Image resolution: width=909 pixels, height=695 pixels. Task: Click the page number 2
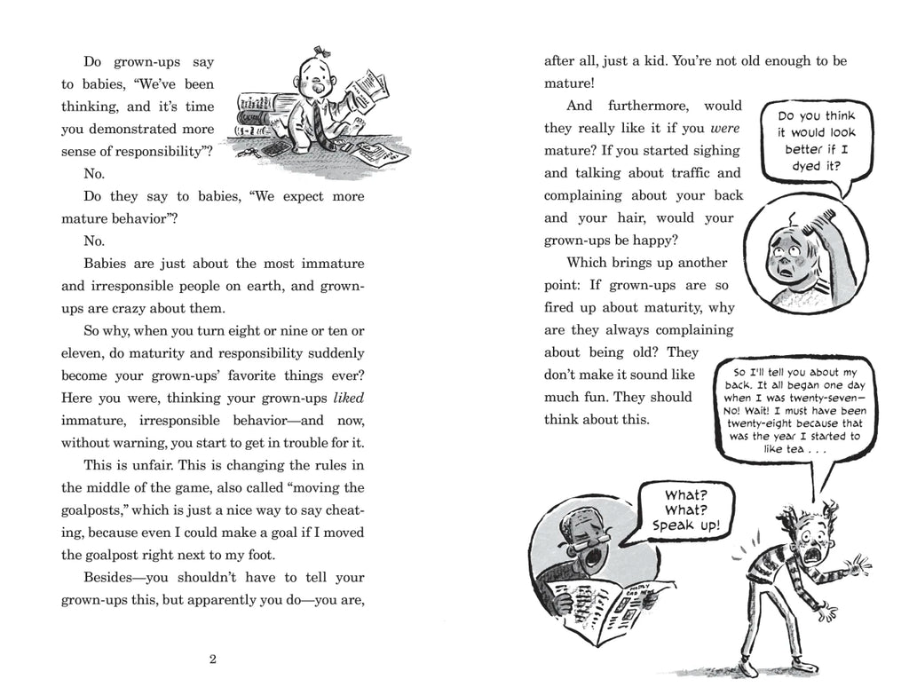pyautogui.click(x=213, y=659)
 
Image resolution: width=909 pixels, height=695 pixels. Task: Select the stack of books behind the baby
pyautogui.click(x=269, y=111)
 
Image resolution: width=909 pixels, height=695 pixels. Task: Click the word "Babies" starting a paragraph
pyautogui.click(x=107, y=264)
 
